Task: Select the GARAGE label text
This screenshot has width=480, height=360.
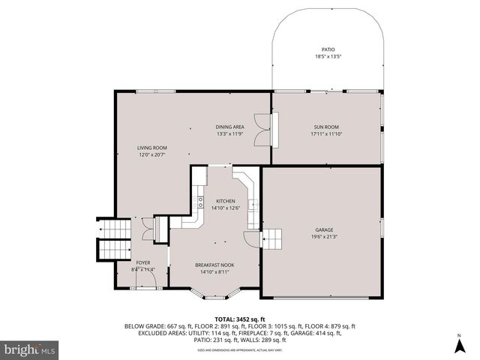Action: [x=324, y=229]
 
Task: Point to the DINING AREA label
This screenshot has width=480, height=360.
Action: [x=230, y=127]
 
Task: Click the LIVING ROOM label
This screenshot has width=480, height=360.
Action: [x=151, y=148]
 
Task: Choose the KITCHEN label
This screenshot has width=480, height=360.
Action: [x=226, y=201]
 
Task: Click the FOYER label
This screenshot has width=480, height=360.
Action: [x=142, y=262]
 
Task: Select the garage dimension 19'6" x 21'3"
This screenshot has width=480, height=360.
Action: [x=324, y=237]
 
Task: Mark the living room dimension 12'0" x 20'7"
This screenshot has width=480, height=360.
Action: [x=151, y=155]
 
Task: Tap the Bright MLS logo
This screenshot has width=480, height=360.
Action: [x=30, y=349]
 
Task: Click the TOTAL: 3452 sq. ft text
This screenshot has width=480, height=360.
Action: [x=240, y=319]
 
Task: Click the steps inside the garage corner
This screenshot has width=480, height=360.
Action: [x=272, y=238]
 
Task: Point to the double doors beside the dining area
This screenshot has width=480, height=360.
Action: [x=260, y=129]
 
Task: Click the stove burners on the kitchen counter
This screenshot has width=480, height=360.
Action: [x=200, y=201]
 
